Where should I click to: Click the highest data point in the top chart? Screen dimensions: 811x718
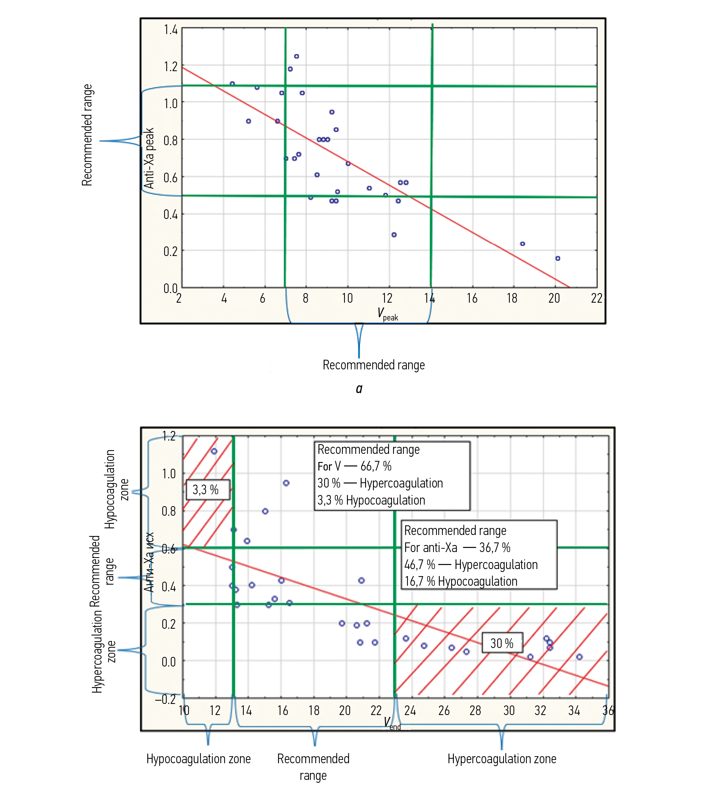coord(296,56)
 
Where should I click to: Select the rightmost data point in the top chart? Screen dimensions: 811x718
coord(558,258)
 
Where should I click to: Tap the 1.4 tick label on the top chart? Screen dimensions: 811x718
coord(170,29)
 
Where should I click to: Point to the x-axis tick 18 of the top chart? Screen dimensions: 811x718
coord(512,298)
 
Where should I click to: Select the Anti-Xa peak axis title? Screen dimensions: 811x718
coord(149,158)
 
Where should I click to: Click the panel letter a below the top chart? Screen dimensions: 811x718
coord(359,388)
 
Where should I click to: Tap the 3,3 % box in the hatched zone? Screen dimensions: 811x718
coord(206,490)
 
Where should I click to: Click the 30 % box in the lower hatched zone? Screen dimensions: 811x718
coord(502,643)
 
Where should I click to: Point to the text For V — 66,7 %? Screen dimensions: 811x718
coord(354,466)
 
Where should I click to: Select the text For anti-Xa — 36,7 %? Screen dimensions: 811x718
coord(457,548)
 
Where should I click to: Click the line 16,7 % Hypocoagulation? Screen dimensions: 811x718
coord(461,581)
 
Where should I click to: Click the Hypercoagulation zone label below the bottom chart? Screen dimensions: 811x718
coord(502,759)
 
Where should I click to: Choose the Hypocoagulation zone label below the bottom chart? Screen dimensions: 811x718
coord(198,759)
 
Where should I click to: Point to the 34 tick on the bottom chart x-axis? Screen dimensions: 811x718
coord(574,710)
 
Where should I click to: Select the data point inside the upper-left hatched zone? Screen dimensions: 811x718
coord(214,451)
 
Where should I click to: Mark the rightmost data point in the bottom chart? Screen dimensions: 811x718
coord(579,657)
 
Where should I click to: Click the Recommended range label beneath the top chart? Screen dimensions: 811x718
coord(374,365)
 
